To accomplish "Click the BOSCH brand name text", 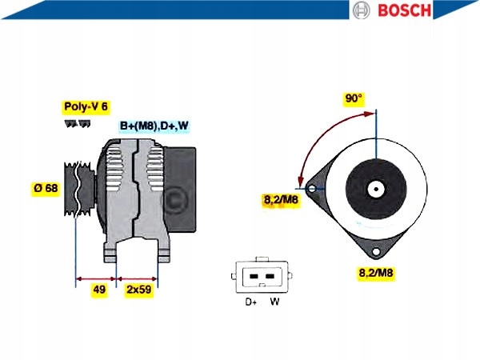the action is tap(404, 10).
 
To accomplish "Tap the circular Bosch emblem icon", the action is tap(361, 10).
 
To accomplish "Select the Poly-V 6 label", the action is tap(86, 106).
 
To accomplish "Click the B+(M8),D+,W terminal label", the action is tap(154, 126).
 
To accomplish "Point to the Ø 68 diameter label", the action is tap(46, 188).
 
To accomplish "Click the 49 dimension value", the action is tap(99, 290).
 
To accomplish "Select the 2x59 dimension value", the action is tap(139, 290).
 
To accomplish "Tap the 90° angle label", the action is tap(354, 98).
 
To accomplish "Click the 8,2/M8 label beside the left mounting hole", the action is tap(281, 200).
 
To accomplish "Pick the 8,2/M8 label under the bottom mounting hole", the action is tap(376, 272).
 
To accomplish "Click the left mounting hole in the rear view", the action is tap(312, 188).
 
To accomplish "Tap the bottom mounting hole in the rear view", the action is tap(376, 252).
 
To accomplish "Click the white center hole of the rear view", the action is tap(376, 189).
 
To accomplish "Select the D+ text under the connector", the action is tap(251, 302).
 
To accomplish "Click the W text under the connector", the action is tap(274, 302).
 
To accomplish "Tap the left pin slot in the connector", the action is tap(254, 277).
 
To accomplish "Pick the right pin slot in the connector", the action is tap(270, 277).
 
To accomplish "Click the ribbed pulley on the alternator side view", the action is tap(79, 189).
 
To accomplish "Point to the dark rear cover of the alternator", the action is tap(180, 189).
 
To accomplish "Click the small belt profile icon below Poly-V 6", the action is tap(78, 123).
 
